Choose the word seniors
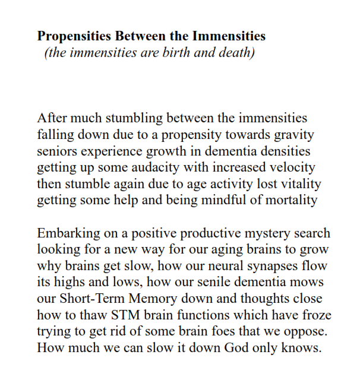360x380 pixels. (57, 151)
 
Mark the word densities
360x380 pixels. (286, 151)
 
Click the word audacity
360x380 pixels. (156, 168)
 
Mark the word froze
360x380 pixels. (314, 315)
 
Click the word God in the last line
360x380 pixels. (239, 347)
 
